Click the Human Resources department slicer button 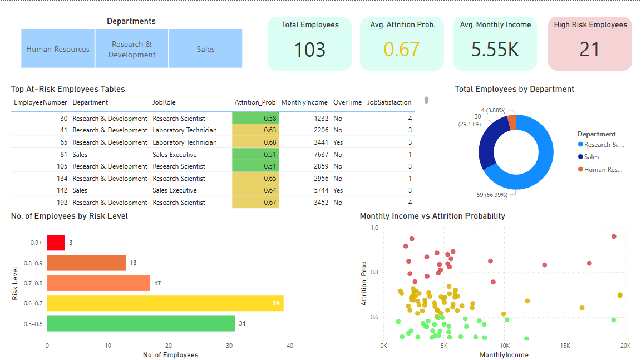pyautogui.click(x=58, y=49)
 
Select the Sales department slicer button pyautogui.click(x=205, y=49)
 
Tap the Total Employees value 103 pyautogui.click(x=309, y=50)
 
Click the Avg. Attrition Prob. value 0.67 pyautogui.click(x=401, y=50)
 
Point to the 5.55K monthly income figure pyautogui.click(x=495, y=50)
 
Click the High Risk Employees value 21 pyautogui.click(x=589, y=50)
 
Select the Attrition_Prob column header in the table pyautogui.click(x=255, y=102)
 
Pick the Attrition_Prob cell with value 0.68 pyautogui.click(x=255, y=142)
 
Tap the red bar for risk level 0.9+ pyautogui.click(x=56, y=243)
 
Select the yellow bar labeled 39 pyautogui.click(x=165, y=304)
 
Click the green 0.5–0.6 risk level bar pyautogui.click(x=140, y=324)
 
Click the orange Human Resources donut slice pyautogui.click(x=512, y=122)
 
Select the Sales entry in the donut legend pyautogui.click(x=591, y=157)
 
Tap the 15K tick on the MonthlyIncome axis pyautogui.click(x=565, y=346)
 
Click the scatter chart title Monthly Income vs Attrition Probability pyautogui.click(x=432, y=216)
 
